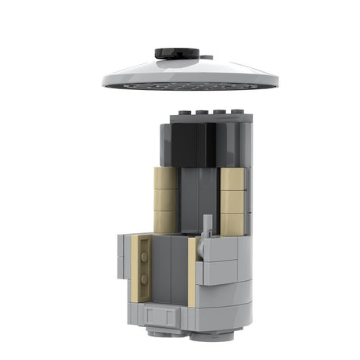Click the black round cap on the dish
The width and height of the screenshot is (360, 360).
[x=177, y=53]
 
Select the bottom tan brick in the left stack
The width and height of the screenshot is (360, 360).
[x=165, y=221]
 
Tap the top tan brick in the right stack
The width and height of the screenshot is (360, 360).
[x=233, y=179]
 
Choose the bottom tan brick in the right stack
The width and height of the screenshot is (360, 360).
[x=232, y=223]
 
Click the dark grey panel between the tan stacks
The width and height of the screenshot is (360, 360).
[x=200, y=200]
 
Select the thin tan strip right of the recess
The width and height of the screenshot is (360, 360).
[x=192, y=271]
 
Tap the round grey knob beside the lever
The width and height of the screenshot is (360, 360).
[x=201, y=249]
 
